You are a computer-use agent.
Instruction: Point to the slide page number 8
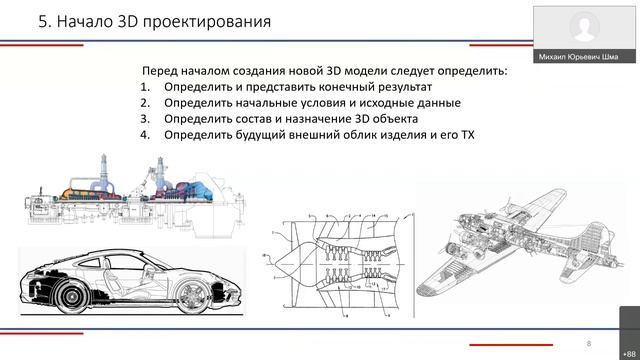[589, 341]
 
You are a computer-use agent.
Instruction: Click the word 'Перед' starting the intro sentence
[163, 71]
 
